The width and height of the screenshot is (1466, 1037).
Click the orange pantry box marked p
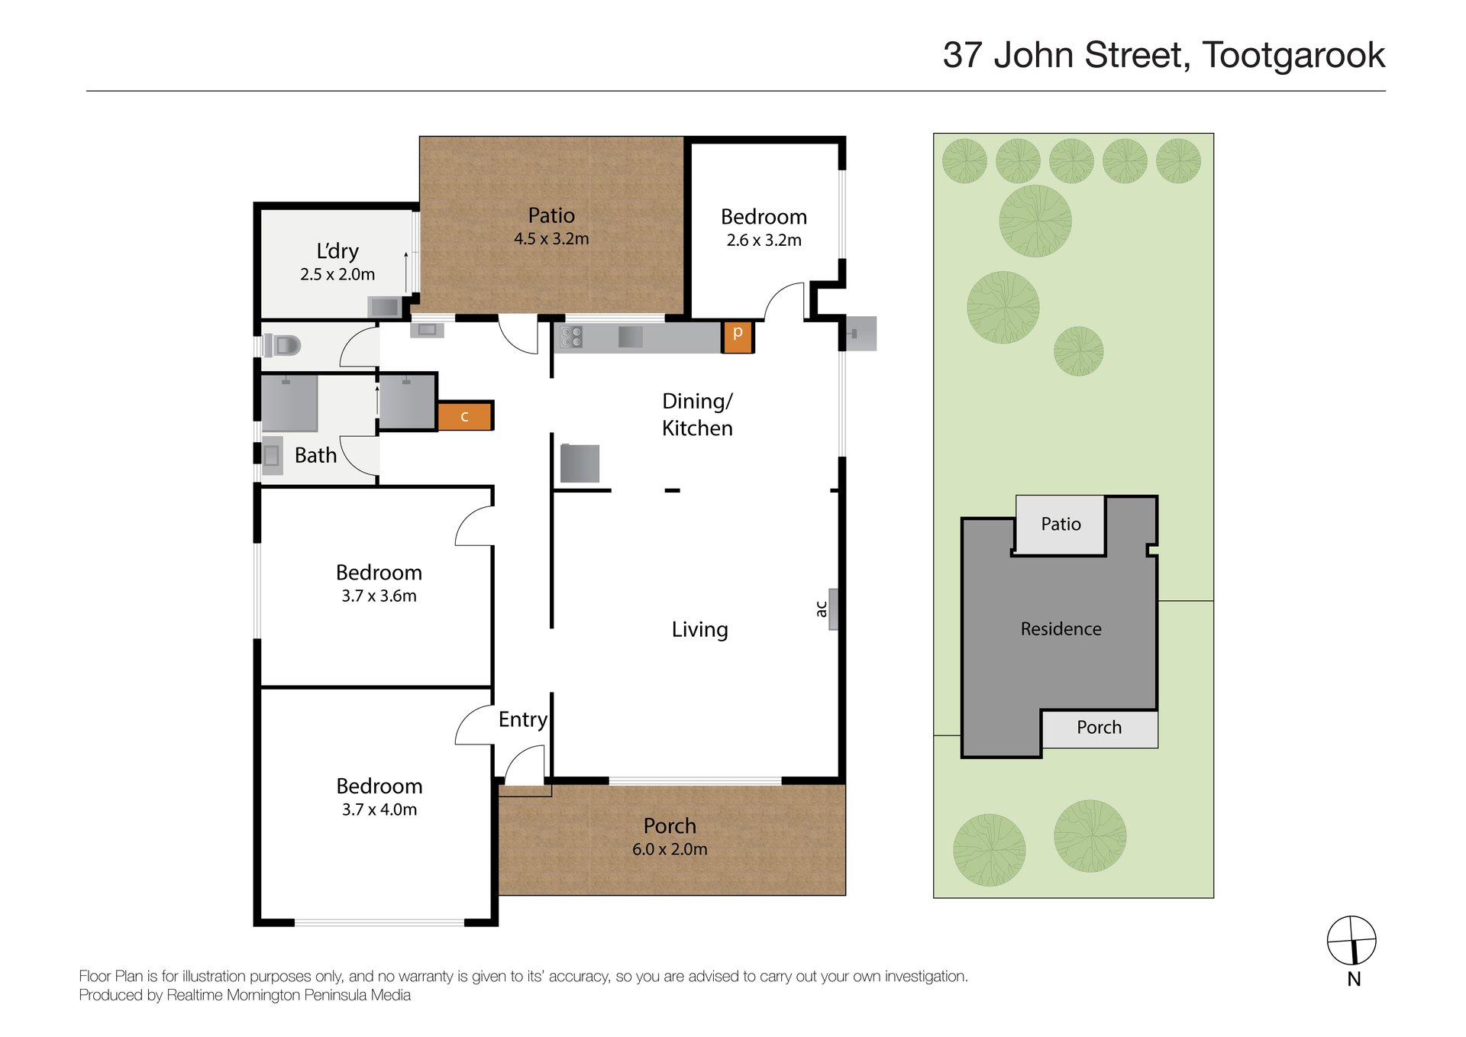(738, 336)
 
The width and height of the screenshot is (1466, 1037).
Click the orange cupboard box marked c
(464, 416)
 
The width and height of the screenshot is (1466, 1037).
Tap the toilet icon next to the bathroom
(283, 346)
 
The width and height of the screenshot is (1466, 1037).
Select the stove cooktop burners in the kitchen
(572, 337)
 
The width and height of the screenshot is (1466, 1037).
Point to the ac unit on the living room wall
(833, 609)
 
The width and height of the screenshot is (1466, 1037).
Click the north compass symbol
(1351, 941)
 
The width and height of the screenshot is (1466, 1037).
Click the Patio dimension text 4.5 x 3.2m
(551, 239)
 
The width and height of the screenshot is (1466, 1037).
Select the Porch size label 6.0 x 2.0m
(670, 849)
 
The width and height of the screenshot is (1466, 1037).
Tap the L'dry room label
(337, 251)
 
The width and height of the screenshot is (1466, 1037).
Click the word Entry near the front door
(523, 719)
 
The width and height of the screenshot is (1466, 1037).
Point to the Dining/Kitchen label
(697, 415)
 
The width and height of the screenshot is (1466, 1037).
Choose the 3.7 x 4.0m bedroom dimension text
(379, 809)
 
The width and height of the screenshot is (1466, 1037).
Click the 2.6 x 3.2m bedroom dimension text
(764, 241)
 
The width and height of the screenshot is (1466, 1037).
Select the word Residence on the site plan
(1061, 629)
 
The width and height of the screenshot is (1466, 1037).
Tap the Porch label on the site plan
(1099, 728)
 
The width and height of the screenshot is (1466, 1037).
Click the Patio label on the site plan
(1061, 525)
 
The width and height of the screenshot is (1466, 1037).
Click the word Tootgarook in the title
(1293, 56)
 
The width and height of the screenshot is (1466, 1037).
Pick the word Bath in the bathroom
(315, 456)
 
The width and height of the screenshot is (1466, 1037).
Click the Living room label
(699, 630)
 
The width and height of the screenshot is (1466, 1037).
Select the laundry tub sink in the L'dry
(384, 307)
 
